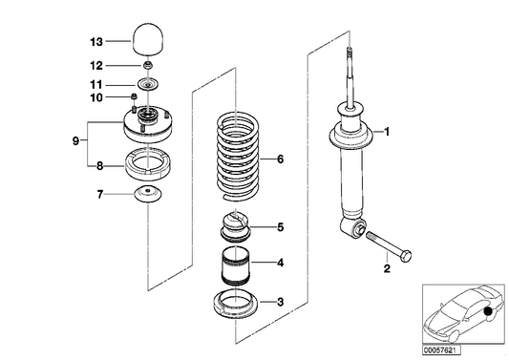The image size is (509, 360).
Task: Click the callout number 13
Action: pos(95,42)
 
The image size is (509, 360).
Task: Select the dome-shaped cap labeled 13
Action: pos(148,42)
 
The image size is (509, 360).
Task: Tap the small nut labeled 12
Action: pos(148,65)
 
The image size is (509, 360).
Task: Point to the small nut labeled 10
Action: pos(136,96)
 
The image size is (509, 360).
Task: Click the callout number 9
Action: pos(74,141)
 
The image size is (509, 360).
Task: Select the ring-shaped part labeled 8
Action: pos(147,168)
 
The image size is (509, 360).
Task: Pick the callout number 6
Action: pos(280,159)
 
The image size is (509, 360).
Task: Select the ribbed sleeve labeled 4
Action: pos(235,265)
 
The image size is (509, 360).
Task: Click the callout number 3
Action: pos(280,303)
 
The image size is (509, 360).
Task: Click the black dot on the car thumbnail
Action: pos(488,311)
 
